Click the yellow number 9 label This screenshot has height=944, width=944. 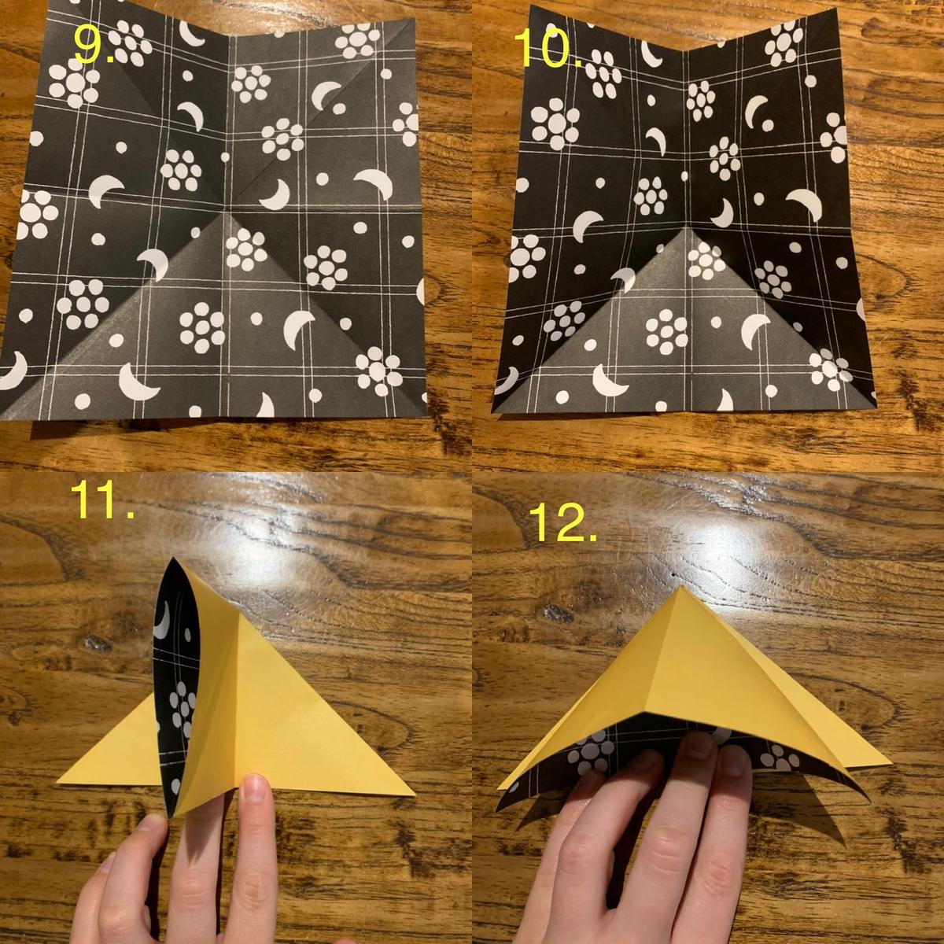93,45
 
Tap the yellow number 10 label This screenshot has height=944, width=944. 549,46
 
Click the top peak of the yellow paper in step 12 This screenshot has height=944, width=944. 682,585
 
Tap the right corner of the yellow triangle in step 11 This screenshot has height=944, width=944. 415,794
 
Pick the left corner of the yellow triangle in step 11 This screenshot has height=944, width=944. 57,781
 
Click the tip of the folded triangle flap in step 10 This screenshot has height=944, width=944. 686,227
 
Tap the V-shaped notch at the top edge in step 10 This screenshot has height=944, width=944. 684,50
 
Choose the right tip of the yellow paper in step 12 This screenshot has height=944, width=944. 891,763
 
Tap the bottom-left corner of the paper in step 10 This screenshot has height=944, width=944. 492,412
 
